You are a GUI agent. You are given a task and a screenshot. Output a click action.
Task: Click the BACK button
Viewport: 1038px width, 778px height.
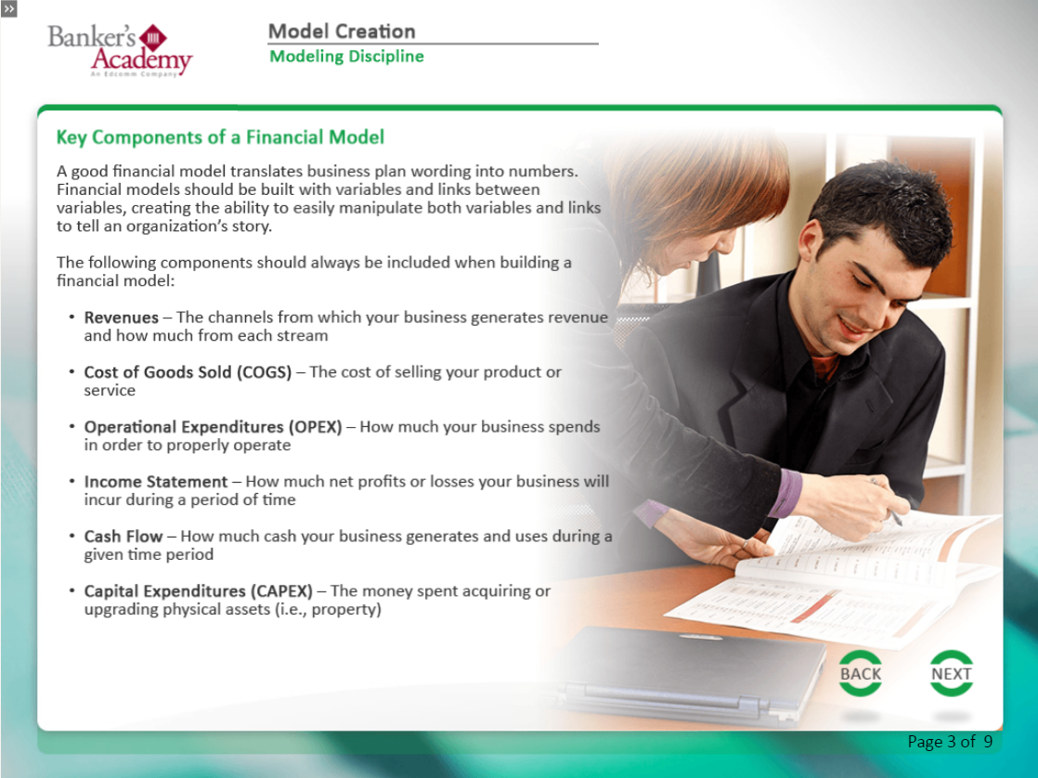pyautogui.click(x=861, y=674)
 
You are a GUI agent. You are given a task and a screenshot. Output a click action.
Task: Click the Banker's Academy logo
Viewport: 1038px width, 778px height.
pyautogui.click(x=120, y=50)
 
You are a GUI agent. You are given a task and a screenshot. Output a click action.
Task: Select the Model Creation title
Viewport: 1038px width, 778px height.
pyautogui.click(x=341, y=32)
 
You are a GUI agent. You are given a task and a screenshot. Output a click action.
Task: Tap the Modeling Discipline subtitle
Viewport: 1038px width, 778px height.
pyautogui.click(x=346, y=57)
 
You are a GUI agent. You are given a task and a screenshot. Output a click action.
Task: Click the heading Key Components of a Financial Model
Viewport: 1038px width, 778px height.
pyautogui.click(x=220, y=137)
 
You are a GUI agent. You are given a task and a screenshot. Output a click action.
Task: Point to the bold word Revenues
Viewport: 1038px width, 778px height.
pyautogui.click(x=121, y=318)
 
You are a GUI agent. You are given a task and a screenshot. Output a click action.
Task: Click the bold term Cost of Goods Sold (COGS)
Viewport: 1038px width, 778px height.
pyautogui.click(x=188, y=372)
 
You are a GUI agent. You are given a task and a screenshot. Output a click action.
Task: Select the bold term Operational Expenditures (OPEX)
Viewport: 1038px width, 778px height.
pyautogui.click(x=213, y=427)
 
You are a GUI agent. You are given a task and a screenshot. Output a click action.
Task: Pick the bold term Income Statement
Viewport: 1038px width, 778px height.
pyautogui.click(x=155, y=482)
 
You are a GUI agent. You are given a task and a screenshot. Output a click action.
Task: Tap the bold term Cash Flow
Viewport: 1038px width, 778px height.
pyautogui.click(x=123, y=537)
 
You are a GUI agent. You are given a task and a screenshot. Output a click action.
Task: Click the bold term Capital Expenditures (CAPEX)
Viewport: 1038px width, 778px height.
pyautogui.click(x=198, y=591)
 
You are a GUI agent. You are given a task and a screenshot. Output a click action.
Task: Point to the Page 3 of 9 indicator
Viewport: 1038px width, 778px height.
pyautogui.click(x=949, y=742)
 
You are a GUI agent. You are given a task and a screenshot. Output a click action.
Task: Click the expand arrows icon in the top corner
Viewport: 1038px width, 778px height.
pyautogui.click(x=9, y=9)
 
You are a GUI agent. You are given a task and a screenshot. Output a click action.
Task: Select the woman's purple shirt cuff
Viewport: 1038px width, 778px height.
pyautogui.click(x=785, y=493)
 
